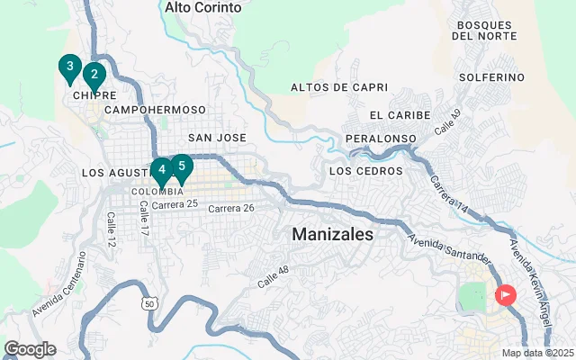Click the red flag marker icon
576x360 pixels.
pyautogui.click(x=506, y=293)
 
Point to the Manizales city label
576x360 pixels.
pyautogui.click(x=333, y=234)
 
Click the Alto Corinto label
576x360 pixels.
pyautogui.click(x=203, y=7)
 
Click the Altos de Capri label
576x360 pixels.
pyautogui.click(x=339, y=87)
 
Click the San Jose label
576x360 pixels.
pyautogui.click(x=217, y=138)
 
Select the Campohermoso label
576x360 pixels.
pyautogui.click(x=155, y=110)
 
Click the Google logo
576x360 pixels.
pyautogui.click(x=30, y=349)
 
